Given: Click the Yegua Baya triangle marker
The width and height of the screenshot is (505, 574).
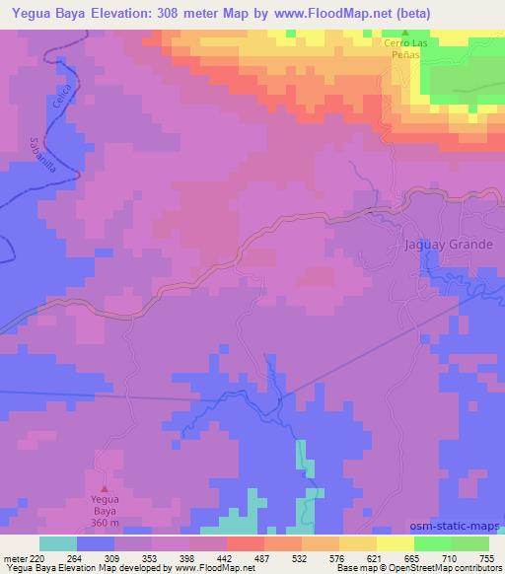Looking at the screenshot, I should click(x=108, y=485).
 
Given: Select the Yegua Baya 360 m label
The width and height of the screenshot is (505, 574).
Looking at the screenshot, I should click(x=107, y=506).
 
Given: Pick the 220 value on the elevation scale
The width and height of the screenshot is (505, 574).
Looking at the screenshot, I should click(x=38, y=558).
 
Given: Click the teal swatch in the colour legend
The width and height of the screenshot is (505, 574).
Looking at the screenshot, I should click(x=57, y=543).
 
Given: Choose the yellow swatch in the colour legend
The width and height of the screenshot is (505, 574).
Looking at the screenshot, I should click(x=395, y=543).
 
